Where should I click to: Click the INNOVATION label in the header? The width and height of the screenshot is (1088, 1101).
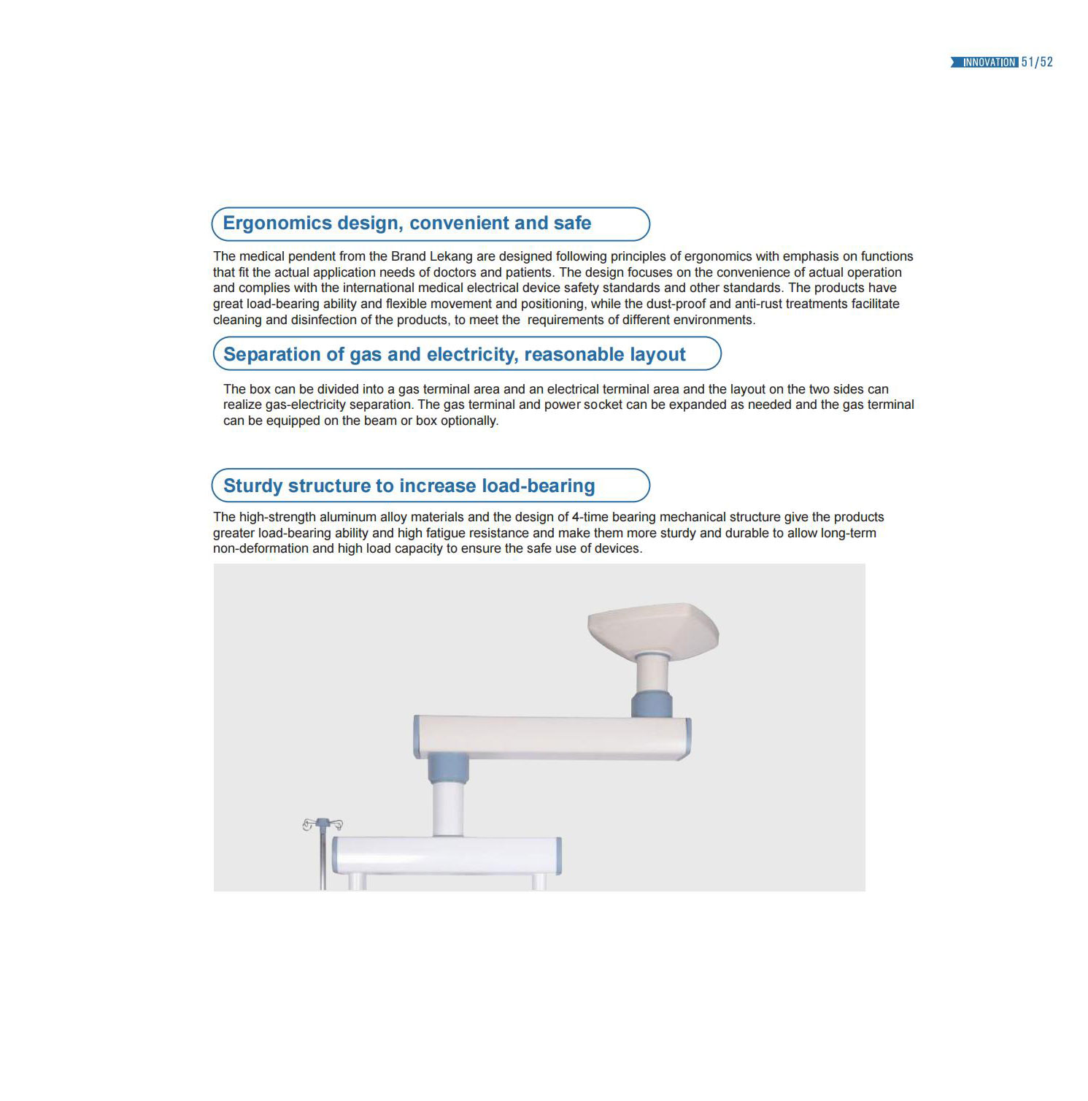click(989, 63)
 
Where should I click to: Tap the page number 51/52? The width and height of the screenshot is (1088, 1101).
click(1037, 63)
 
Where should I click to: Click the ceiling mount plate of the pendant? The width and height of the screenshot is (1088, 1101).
click(653, 628)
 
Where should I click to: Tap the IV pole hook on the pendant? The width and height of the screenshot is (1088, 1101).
click(322, 825)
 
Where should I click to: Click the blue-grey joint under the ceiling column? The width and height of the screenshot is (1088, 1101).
click(652, 705)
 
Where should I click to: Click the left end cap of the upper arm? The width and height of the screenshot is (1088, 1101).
click(417, 737)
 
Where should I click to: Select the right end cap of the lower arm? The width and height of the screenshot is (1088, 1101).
click(558, 856)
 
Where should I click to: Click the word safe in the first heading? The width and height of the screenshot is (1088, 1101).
click(572, 223)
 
